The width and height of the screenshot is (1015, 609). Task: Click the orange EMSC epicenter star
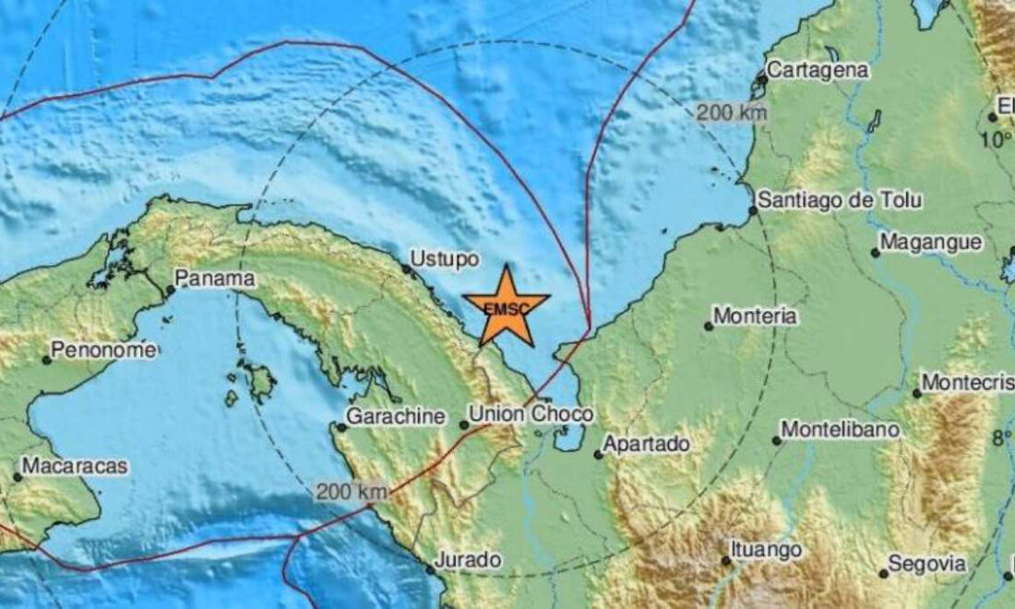pyautogui.click(x=506, y=305)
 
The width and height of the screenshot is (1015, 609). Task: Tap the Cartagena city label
pyautogui.click(x=818, y=69)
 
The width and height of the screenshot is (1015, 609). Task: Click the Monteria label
pyautogui.click(x=756, y=316)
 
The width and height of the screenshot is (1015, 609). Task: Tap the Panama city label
pyautogui.click(x=214, y=277)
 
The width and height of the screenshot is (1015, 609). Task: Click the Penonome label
pyautogui.click(x=103, y=350)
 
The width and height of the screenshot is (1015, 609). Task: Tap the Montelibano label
pyautogui.click(x=840, y=429)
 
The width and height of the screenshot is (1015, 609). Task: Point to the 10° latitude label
pyautogui.click(x=996, y=140)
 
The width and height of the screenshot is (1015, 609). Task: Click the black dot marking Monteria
pyautogui.click(x=709, y=326)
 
